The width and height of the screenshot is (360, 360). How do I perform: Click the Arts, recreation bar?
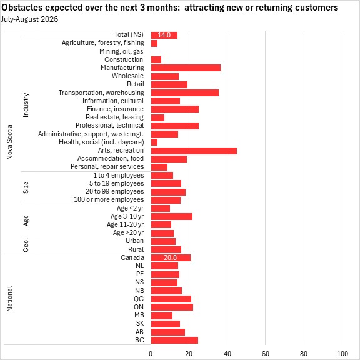[194, 151]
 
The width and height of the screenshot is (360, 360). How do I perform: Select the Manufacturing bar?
[186, 67]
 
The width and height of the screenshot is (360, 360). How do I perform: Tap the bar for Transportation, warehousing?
[185, 92]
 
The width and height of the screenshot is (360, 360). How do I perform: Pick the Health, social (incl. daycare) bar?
[154, 142]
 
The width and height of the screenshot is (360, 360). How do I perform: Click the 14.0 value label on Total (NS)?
[164, 35]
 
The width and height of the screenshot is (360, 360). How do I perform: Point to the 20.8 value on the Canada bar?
[171, 257]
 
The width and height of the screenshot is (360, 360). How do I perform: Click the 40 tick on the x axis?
[227, 354]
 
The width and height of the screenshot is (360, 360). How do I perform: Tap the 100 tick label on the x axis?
[342, 354]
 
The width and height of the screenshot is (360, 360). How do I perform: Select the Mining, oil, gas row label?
[121, 51]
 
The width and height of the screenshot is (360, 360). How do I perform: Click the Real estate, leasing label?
[115, 117]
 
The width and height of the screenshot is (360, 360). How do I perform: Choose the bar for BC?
[175, 340]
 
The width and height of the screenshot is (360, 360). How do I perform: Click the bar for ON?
[172, 307]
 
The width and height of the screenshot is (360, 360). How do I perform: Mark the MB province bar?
[162, 316]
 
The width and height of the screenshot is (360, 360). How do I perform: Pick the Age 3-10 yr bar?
[172, 216]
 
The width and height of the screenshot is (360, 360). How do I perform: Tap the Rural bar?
[166, 249]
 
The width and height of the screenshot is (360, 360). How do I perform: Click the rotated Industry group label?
[26, 105]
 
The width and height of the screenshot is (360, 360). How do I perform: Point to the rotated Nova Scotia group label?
[9, 142]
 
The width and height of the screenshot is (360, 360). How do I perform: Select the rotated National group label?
[9, 299]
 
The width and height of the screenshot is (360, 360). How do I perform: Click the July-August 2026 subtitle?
[29, 19]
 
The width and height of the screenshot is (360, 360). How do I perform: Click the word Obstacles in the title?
[22, 7]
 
